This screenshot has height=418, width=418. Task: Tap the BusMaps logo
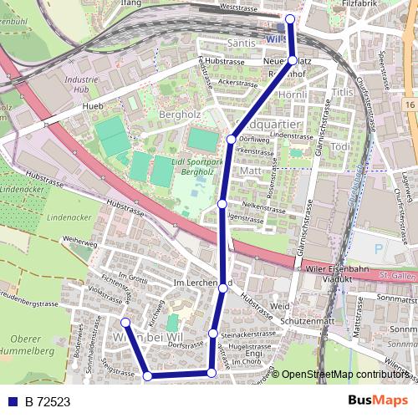(379, 400)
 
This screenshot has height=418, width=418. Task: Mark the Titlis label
(343, 91)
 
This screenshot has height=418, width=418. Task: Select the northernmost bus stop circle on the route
(290, 18)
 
